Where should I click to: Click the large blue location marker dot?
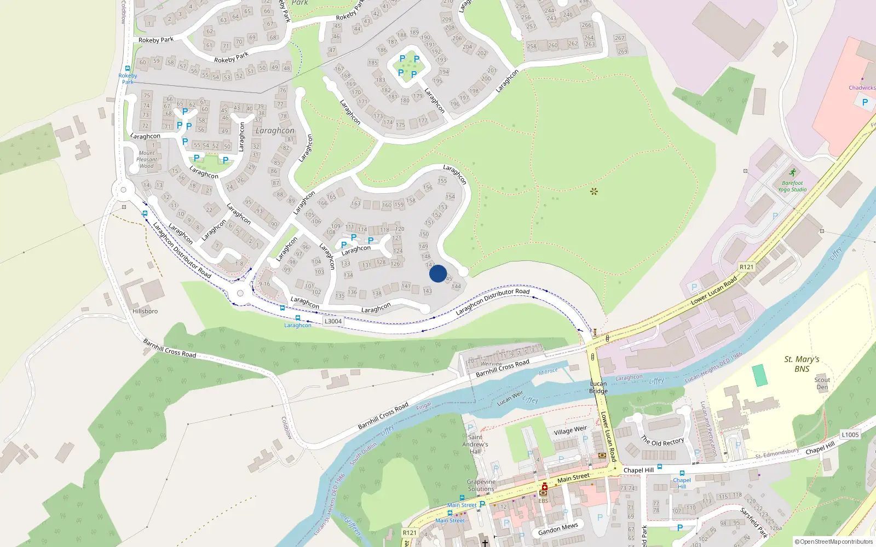(438, 273)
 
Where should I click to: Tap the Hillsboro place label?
(145, 311)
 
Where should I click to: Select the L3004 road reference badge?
(333, 321)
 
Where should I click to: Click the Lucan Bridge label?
(598, 387)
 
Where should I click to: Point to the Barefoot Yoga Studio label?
(792, 187)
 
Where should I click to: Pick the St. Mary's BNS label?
(802, 364)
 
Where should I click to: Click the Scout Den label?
(822, 383)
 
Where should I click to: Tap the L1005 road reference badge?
(850, 435)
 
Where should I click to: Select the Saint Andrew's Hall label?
(475, 444)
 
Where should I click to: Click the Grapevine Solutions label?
(481, 485)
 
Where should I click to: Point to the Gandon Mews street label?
(558, 529)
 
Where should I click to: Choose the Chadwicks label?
(862, 88)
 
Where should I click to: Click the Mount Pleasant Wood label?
(147, 160)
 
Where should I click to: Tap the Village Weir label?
(570, 430)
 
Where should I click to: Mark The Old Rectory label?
(662, 441)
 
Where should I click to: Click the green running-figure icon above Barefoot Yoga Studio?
(792, 173)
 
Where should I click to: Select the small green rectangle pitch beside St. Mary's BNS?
(759, 375)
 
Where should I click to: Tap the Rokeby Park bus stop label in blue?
(128, 79)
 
